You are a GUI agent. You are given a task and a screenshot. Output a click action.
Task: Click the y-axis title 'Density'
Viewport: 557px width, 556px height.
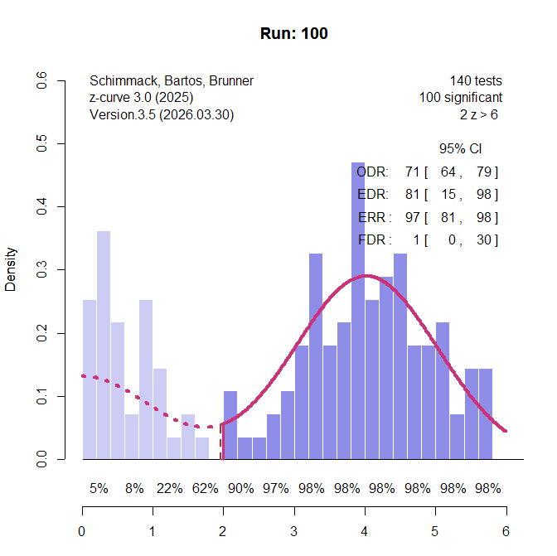click(11, 270)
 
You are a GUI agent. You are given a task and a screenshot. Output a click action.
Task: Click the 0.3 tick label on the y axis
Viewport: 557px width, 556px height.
click(41, 270)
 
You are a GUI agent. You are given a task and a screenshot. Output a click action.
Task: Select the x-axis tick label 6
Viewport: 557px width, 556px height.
click(506, 531)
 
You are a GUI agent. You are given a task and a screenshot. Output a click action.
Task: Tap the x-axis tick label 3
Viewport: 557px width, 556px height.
click(294, 531)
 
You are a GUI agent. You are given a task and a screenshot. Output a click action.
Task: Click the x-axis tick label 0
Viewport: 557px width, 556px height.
click(82, 531)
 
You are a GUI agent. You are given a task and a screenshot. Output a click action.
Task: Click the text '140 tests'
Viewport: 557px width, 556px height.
click(476, 81)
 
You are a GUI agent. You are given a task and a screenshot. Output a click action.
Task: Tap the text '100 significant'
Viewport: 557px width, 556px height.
click(460, 98)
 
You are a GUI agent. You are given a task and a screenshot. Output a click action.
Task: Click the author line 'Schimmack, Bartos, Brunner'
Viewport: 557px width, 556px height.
click(172, 81)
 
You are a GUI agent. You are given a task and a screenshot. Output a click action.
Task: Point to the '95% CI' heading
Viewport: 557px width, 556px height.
click(461, 149)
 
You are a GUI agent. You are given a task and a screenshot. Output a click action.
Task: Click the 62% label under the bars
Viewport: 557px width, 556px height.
click(205, 489)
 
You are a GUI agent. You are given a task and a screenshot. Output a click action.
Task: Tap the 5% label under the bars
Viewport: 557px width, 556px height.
click(99, 489)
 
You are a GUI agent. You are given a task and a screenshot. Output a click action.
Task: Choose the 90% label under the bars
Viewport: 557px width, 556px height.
click(240, 489)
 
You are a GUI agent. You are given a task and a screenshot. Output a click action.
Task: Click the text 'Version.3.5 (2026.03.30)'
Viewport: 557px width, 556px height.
click(162, 115)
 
